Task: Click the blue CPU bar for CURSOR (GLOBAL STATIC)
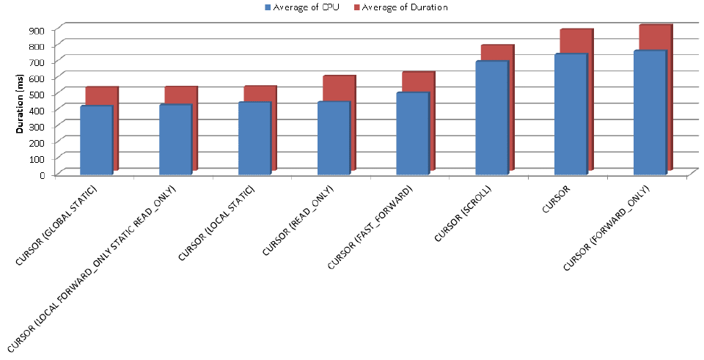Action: coord(95,139)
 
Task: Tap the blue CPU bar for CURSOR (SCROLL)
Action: coord(491,117)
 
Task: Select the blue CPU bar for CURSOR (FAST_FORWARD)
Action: coord(411,133)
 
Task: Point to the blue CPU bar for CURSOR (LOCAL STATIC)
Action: coord(254,137)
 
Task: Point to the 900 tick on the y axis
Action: coord(37,29)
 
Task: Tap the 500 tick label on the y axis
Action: coord(37,94)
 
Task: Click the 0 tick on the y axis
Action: coord(43,175)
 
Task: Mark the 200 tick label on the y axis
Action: coord(37,142)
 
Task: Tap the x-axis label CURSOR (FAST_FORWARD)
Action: coord(370,227)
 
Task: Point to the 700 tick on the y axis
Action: coord(37,62)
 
